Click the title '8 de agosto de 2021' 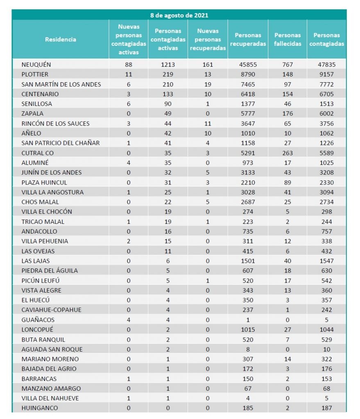[179, 16]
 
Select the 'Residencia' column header [61, 40]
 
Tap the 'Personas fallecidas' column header [288, 40]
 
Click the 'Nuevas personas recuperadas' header [208, 40]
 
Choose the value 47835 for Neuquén [327, 65]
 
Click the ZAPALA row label [33, 114]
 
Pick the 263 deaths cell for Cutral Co [288, 153]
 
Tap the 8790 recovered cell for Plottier [248, 74]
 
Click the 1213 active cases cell [168, 65]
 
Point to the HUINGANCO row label [40, 408]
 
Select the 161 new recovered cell [208, 65]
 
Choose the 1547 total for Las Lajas [327, 261]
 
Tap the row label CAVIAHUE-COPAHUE [52, 310]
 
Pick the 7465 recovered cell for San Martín [248, 84]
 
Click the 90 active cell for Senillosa [168, 104]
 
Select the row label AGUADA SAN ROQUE [52, 349]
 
